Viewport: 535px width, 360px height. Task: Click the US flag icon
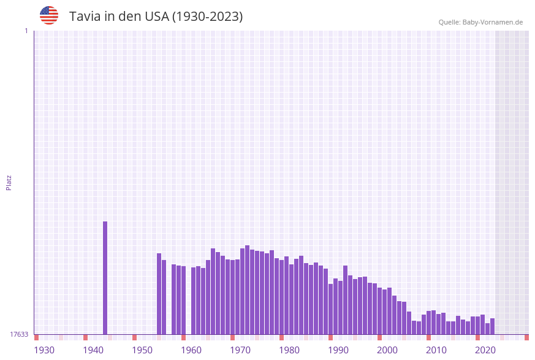point(49,15)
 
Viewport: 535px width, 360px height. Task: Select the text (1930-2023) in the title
point(207,17)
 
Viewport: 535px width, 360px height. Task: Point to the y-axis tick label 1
point(26,31)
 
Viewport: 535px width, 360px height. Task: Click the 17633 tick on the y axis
point(19,334)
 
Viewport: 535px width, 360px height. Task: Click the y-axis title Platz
point(9,182)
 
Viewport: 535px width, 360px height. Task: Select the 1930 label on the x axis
point(44,350)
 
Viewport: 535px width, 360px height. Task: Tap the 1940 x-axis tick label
point(93,350)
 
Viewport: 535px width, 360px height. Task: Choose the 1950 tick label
point(142,350)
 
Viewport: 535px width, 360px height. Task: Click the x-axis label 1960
point(191,350)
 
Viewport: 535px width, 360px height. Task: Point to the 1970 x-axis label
point(240,350)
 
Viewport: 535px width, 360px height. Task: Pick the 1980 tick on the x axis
point(289,350)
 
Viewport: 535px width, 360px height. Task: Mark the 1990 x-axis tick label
point(338,350)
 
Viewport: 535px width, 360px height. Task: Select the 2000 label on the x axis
point(387,350)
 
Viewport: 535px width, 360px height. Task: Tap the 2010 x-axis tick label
point(436,350)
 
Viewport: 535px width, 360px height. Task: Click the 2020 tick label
point(485,350)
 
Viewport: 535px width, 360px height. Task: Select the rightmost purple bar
point(492,326)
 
